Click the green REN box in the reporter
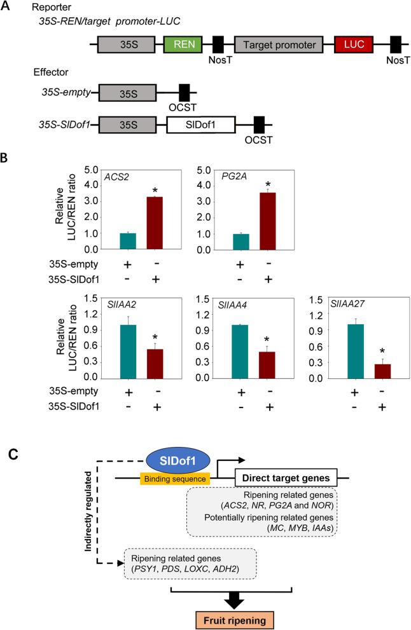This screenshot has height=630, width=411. (183, 44)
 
